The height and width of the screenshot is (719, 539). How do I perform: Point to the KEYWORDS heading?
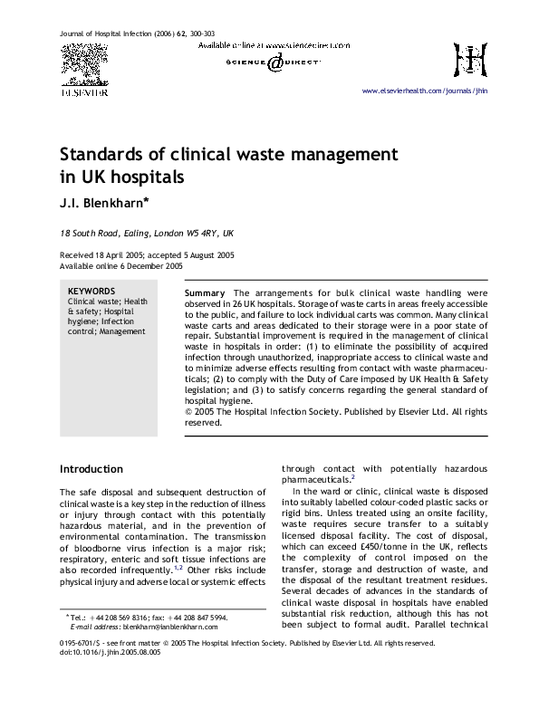(x=91, y=292)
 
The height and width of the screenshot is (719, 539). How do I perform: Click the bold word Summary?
(x=205, y=294)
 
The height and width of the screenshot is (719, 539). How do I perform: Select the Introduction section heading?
(x=91, y=469)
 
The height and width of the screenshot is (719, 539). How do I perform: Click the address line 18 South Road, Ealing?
(x=147, y=233)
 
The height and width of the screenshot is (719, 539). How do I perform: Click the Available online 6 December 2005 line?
(x=120, y=266)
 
